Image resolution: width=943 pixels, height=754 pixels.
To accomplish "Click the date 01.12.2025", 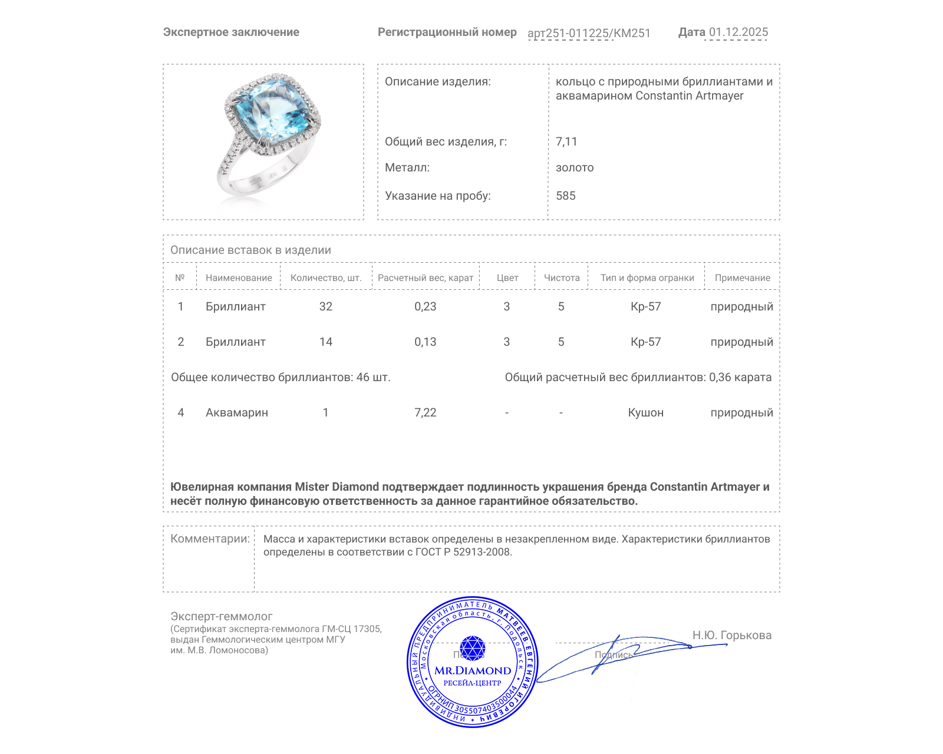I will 738,32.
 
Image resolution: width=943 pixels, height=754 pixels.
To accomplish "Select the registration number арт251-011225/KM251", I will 589,34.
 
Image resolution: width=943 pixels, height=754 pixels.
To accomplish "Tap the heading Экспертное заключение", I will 231,32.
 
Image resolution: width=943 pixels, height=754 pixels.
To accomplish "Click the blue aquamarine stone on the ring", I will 272,112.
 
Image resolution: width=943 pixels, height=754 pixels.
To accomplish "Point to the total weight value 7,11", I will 566,142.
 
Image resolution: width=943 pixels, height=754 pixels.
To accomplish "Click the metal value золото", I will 575,168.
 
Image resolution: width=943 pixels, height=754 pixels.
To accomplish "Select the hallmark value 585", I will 566,196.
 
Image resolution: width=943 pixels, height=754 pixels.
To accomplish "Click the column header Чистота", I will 562,278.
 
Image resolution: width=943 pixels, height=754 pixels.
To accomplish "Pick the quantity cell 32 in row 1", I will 326,307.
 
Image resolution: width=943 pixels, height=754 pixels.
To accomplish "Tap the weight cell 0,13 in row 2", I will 426,342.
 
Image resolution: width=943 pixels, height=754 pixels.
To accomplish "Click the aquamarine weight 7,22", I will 426,413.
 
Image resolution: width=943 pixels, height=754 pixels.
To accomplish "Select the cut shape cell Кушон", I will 645,413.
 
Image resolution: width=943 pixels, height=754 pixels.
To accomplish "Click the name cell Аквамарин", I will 237,413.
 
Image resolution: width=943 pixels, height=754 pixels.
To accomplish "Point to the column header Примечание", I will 742,278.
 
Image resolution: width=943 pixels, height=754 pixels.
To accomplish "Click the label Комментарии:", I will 210,539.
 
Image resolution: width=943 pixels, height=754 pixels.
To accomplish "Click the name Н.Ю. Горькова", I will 731,636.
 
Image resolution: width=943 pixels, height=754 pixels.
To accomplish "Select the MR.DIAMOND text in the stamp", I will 473,671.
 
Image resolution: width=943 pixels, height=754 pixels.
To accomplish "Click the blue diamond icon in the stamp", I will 472,648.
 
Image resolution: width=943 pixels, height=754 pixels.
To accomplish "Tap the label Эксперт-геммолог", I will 222,617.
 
